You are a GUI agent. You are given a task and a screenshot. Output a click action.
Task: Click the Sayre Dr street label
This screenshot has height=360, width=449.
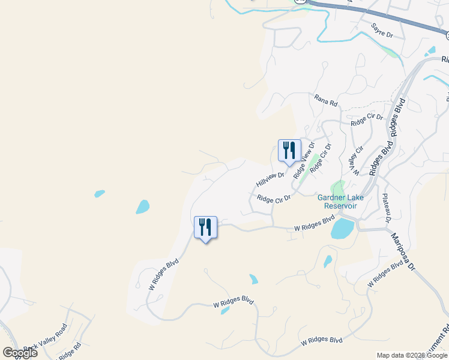coord(382,31)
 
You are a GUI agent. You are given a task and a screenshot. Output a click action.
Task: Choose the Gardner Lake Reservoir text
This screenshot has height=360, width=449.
coord(337,202)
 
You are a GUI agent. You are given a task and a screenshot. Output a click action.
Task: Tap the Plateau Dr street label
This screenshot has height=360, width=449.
coord(387,210)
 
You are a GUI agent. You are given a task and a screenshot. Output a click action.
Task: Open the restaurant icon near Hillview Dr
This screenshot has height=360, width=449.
coord(289,151)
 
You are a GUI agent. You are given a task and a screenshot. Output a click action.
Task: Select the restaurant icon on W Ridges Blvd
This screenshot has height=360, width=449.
coord(205,228)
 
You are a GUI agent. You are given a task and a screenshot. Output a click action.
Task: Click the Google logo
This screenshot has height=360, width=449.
coord(20,352)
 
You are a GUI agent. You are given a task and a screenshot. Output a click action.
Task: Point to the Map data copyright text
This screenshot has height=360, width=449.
coord(411,355)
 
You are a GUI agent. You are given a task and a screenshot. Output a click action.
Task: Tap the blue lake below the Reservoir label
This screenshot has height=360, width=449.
coord(342,229)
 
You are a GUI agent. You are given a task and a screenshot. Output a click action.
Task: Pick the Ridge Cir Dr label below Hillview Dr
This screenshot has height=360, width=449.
coord(274,197)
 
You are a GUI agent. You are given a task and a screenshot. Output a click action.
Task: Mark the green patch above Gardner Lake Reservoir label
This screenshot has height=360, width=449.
coord(339,188)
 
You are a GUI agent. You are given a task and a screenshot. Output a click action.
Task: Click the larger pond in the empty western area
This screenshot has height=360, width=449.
coord(142,207)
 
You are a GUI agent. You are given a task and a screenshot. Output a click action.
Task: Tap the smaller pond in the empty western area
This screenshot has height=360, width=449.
coord(100,193)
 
